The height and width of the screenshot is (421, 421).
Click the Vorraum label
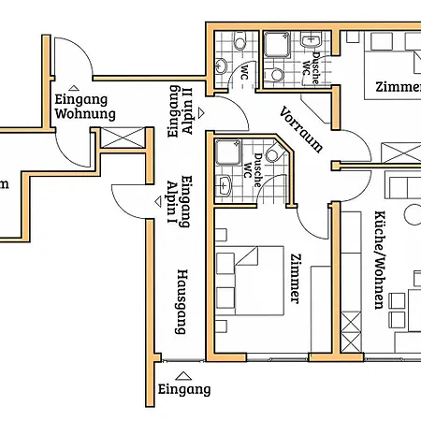(300, 129)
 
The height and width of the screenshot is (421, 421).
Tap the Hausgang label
(182, 301)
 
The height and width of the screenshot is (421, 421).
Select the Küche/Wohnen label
(380, 260)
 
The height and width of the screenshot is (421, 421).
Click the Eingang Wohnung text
(85, 107)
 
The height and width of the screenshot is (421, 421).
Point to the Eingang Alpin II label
(181, 111)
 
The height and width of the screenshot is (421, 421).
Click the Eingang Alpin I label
(179, 201)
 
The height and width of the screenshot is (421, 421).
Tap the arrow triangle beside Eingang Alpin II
(201, 113)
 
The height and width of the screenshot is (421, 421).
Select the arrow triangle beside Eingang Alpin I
(158, 202)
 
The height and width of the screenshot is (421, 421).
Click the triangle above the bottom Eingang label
(183, 376)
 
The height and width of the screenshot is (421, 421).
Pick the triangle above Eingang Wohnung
(74, 88)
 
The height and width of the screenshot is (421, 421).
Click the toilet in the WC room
(240, 39)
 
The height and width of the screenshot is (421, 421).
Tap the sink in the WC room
(222, 66)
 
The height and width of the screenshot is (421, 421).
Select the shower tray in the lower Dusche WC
(228, 152)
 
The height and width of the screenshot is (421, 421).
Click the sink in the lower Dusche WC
(224, 186)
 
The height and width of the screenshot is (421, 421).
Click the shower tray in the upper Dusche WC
(277, 45)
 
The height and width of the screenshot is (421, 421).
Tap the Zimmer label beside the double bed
(296, 279)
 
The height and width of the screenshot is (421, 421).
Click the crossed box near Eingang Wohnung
(123, 138)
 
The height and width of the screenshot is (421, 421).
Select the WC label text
(244, 72)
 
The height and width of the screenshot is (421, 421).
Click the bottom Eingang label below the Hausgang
(184, 390)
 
